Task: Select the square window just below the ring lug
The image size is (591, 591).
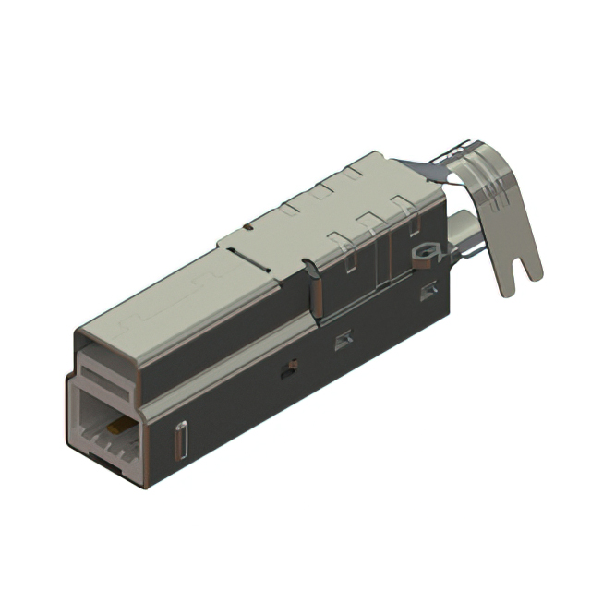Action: [428, 293]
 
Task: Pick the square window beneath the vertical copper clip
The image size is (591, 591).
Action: [343, 341]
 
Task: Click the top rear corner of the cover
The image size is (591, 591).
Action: [373, 153]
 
